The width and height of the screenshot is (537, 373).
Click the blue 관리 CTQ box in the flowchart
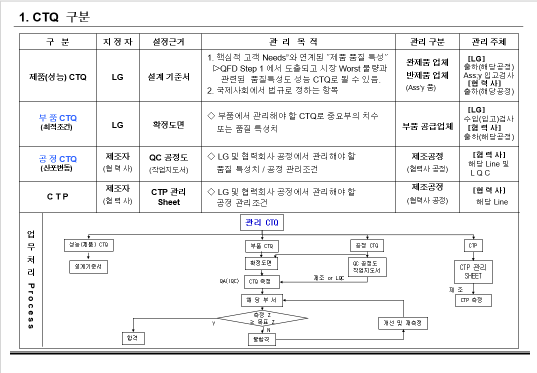tap(262, 222)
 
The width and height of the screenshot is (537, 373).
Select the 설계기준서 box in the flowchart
tap(88, 267)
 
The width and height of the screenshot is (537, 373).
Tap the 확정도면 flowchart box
tap(261, 262)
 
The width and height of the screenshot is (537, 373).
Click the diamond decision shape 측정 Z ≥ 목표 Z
tap(262, 318)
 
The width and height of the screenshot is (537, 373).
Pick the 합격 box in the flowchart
tap(133, 338)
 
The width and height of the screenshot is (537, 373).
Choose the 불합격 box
tap(262, 339)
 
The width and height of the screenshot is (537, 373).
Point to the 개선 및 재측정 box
tap(402, 323)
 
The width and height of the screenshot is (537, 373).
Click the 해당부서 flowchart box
tap(262, 300)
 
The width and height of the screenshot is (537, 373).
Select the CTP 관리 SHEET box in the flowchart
tap(473, 271)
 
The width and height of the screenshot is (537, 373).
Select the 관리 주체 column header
tap(489, 42)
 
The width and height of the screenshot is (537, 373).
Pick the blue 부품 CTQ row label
tap(58, 118)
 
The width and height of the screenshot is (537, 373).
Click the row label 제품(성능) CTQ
tap(58, 77)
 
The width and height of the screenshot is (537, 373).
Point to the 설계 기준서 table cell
tap(169, 77)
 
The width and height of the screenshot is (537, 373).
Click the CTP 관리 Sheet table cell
tap(169, 197)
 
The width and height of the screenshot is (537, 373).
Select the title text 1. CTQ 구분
tap(54, 17)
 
